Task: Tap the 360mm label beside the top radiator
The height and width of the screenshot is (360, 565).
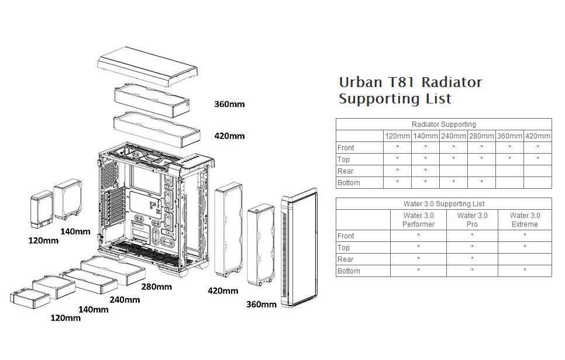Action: coord(229,105)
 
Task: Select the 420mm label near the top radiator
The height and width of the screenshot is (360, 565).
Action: coord(229,136)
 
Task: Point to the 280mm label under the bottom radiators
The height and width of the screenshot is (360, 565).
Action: coord(156,286)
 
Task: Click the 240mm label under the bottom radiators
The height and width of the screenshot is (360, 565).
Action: coord(125,300)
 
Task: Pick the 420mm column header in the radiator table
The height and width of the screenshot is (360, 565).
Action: coord(538,136)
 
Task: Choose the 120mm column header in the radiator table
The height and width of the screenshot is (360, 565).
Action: coord(397,136)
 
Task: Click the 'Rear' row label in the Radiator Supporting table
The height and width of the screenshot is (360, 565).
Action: coord(345,171)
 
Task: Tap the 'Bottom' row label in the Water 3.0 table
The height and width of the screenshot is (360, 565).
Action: coord(349,271)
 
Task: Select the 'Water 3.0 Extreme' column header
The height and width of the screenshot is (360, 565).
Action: coord(525,220)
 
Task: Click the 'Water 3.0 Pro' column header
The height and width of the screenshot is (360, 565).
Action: coord(471,220)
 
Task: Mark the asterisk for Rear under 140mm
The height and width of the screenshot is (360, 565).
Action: coord(425,171)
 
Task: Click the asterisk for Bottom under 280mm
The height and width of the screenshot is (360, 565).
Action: coord(481,183)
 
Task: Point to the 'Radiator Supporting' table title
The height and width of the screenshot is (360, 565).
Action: coord(443,124)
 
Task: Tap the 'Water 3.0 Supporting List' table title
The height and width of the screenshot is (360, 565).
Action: coord(443,204)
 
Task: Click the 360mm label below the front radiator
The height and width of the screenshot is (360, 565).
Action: coord(261,304)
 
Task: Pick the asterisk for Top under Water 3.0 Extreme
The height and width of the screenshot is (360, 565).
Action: coord(525,248)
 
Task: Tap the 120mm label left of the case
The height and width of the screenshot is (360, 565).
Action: coord(43,240)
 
